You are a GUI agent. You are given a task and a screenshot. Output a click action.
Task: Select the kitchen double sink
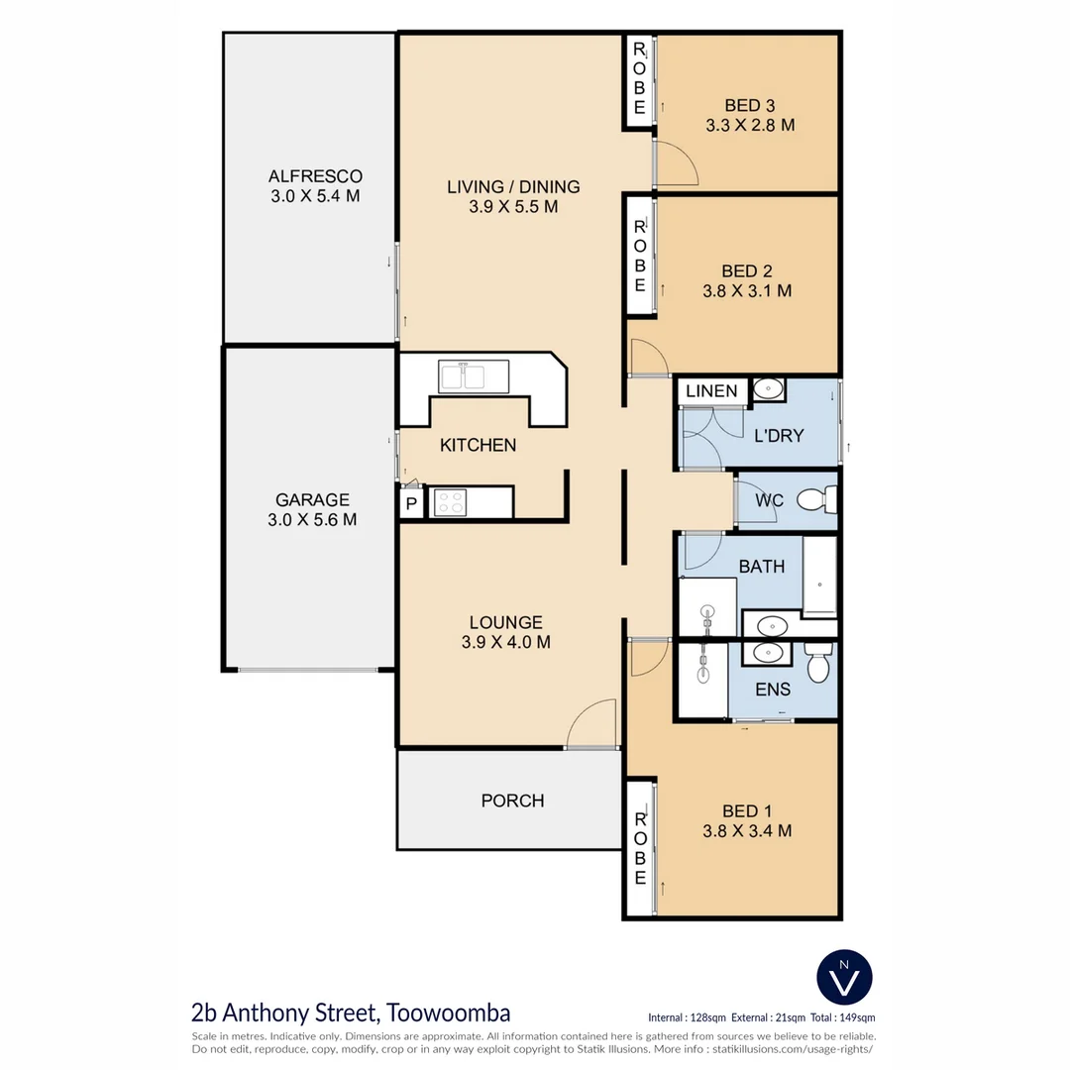[463, 376]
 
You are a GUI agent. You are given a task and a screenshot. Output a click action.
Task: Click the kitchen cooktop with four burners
[449, 502]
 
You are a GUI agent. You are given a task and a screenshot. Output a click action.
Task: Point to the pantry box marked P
[411, 504]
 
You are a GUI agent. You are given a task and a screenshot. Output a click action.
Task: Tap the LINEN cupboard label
[711, 390]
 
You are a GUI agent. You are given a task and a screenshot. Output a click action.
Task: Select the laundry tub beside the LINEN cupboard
[767, 389]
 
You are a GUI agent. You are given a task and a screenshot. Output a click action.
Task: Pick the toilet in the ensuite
[818, 667]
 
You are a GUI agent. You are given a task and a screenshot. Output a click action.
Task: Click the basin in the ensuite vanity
[766, 652]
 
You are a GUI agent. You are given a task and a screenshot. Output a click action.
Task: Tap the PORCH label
[512, 800]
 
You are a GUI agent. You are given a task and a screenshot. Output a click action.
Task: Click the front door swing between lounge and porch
[594, 724]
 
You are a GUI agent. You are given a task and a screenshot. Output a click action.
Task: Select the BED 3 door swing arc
[677, 162]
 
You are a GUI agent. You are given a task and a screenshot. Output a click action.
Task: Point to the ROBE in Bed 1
[640, 848]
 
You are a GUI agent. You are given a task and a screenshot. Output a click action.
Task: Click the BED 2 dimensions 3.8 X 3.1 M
[747, 291]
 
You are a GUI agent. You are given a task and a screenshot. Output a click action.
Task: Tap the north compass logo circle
[844, 975]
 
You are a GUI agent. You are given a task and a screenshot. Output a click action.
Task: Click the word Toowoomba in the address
[450, 1013]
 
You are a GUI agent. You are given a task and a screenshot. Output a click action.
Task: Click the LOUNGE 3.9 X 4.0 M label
[505, 632]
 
